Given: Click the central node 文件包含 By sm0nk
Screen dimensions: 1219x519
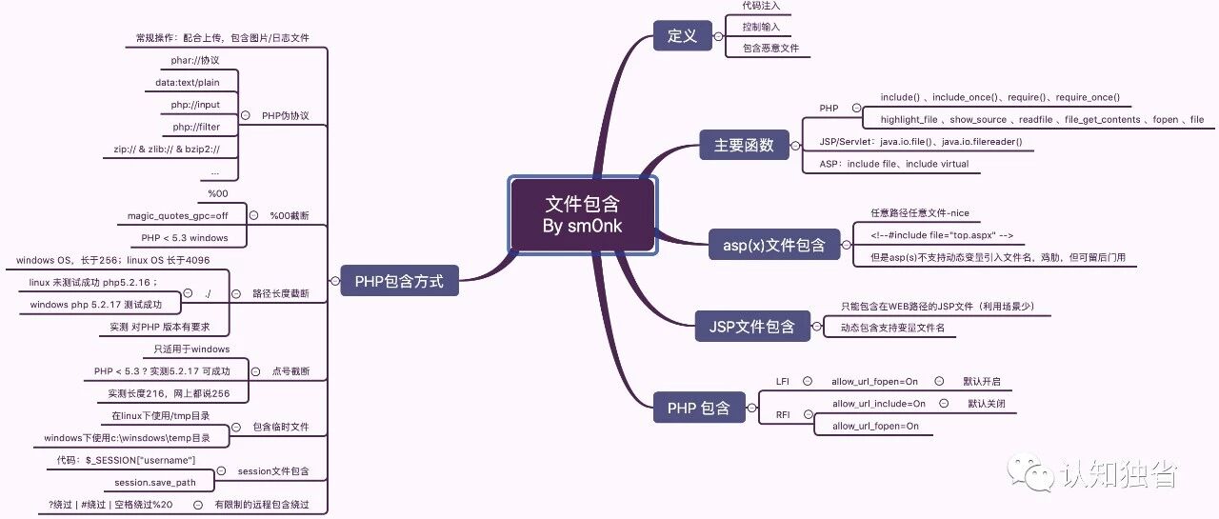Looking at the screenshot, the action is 582,215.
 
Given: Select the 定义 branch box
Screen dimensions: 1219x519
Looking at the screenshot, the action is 683,36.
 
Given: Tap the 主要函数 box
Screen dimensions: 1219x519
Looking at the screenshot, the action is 744,145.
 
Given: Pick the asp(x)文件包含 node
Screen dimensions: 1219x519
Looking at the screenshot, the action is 774,245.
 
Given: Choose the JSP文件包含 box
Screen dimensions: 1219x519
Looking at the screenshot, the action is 752,327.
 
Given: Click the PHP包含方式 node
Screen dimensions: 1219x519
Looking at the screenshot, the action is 399,281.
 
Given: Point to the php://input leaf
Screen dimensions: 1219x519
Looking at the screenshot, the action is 195,105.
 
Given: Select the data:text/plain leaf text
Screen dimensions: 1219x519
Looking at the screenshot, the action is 188,82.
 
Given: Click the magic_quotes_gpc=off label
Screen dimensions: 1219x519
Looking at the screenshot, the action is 177,215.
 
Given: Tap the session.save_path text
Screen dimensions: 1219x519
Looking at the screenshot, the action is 155,483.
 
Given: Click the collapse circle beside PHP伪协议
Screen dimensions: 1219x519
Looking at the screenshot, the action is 246,115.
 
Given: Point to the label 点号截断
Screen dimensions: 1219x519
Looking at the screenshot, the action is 290,371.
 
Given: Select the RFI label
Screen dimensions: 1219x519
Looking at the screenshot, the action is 783,414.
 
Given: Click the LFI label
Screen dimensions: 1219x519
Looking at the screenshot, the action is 783,381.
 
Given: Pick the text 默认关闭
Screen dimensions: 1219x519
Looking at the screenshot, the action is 987,404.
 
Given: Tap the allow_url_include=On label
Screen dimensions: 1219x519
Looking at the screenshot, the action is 879,404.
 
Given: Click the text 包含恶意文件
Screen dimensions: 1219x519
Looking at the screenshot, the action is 770,48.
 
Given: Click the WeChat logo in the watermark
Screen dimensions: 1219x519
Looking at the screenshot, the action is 1030,472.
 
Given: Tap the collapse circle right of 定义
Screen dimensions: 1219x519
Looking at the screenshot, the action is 718,36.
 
